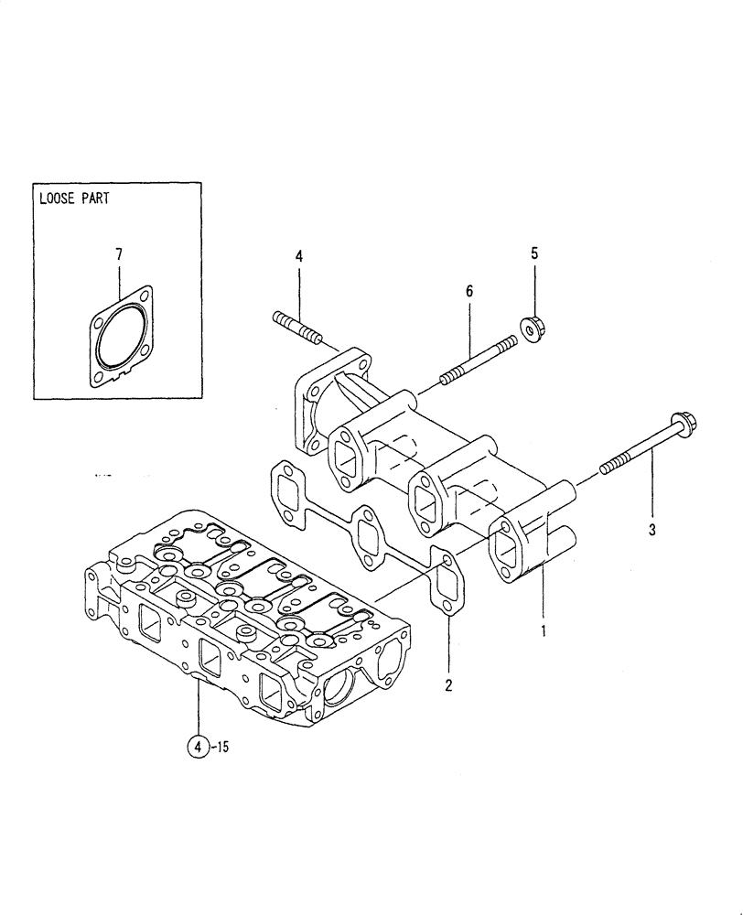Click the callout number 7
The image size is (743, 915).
118,255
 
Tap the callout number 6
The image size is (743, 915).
469,291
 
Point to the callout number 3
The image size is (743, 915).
651,529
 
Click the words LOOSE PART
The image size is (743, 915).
73,198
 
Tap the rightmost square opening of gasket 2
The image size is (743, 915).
443,578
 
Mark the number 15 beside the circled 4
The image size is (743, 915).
220,747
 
